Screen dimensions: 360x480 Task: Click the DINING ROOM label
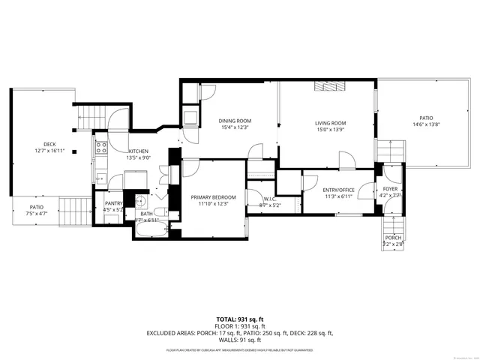click(x=235, y=121)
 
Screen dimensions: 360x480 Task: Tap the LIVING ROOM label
click(x=329, y=123)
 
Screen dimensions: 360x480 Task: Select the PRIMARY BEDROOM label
click(x=208, y=196)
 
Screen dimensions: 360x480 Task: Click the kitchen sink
click(x=100, y=178)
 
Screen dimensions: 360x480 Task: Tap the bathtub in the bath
click(x=152, y=231)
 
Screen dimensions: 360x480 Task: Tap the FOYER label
click(x=391, y=189)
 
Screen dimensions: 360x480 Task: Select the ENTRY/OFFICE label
click(x=338, y=190)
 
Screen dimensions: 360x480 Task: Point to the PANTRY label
click(x=112, y=203)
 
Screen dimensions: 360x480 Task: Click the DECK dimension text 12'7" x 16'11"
click(x=50, y=151)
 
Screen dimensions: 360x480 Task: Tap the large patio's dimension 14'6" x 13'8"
click(x=426, y=124)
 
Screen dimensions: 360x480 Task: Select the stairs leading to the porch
click(x=393, y=221)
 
